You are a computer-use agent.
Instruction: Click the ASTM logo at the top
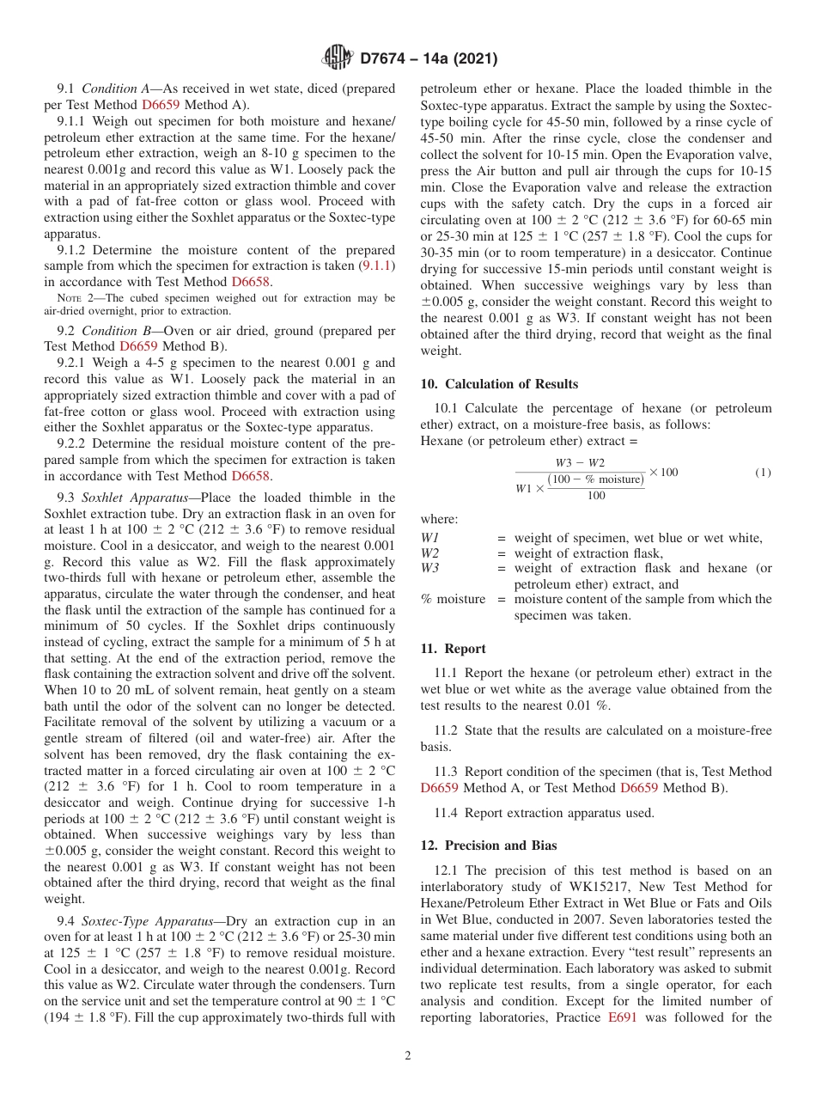tap(337, 58)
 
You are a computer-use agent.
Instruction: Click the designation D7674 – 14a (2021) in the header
tap(429, 59)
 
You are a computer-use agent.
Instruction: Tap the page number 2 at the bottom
tap(407, 1055)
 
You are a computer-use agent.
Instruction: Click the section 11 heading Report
tap(465, 649)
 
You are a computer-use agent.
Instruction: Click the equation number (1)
tap(762, 473)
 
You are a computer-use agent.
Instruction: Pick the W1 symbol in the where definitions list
tap(429, 538)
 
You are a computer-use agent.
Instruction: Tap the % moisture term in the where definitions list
tap(452, 599)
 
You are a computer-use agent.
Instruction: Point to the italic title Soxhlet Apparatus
tap(129, 498)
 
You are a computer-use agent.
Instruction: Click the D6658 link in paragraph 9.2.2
tap(251, 475)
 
